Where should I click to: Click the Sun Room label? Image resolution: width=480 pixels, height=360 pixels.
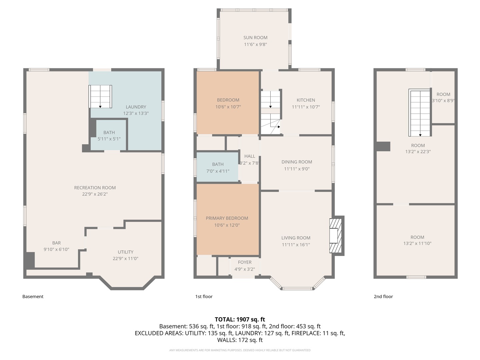(255, 38)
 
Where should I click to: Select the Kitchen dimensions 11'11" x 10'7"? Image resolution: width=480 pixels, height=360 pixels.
(306, 107)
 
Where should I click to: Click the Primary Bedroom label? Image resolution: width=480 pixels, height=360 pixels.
(227, 218)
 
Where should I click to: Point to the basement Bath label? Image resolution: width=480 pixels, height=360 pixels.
(109, 132)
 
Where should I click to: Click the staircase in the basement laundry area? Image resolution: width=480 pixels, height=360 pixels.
(100, 97)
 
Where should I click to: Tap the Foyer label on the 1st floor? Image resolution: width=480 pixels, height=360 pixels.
(245, 262)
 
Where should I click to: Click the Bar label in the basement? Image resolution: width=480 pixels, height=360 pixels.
(56, 243)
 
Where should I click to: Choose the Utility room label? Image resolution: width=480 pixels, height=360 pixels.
(125, 252)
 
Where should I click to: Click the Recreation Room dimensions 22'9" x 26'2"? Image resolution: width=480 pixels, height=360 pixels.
(95, 194)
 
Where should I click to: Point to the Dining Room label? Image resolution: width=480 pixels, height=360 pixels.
(297, 162)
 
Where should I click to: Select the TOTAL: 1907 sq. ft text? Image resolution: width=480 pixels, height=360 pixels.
(240, 319)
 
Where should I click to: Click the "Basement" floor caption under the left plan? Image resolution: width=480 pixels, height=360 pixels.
(33, 296)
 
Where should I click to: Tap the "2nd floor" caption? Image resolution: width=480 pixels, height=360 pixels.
(383, 296)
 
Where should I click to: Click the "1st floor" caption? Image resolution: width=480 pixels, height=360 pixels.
(204, 296)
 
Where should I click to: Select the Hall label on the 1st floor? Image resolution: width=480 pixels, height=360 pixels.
(250, 156)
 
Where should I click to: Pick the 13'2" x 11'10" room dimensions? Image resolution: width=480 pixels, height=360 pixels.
(417, 243)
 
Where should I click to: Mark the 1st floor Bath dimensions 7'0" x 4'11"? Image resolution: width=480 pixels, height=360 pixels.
(218, 171)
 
